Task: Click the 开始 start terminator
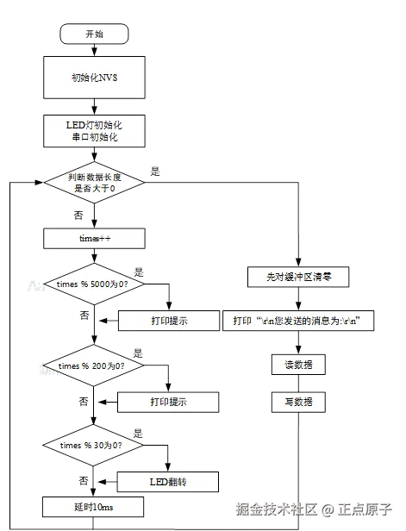pos(95,34)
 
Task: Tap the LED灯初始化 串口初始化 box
pos(95,131)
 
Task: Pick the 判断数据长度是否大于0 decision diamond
pos(95,182)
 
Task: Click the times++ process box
pos(95,235)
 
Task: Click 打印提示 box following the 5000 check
pos(168,321)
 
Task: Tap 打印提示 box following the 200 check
pos(168,402)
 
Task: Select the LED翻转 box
pos(168,481)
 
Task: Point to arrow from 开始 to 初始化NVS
pos(95,50)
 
